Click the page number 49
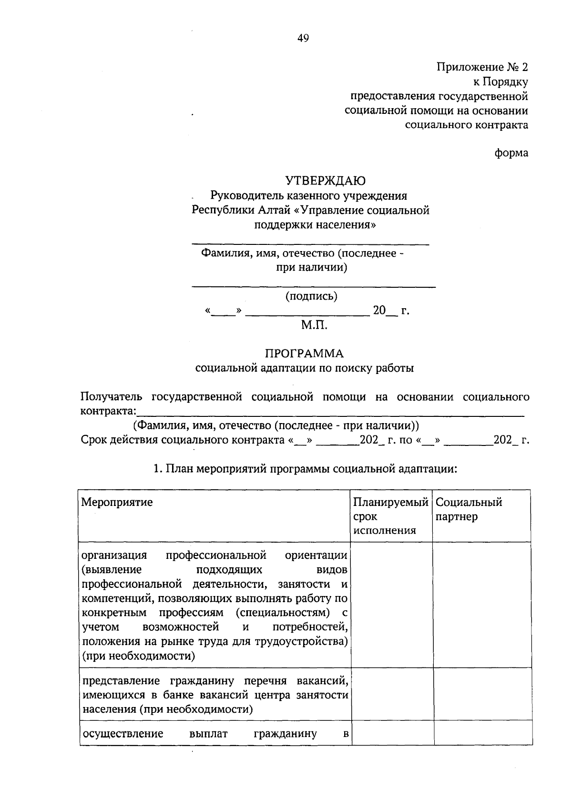click(x=303, y=39)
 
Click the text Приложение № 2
click(x=482, y=67)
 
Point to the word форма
click(x=511, y=153)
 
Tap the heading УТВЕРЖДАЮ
click(x=326, y=181)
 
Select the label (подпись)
click(x=311, y=296)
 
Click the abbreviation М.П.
click(x=314, y=325)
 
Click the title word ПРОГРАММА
click(x=304, y=353)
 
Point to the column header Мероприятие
click(x=117, y=502)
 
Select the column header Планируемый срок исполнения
click(x=390, y=516)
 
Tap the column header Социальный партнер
click(x=469, y=509)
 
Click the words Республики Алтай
click(x=232, y=210)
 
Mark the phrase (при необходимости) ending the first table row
click(x=139, y=656)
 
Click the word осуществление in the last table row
click(x=123, y=733)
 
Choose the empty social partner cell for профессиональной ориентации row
click(x=482, y=604)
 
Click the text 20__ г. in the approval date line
click(x=390, y=311)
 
